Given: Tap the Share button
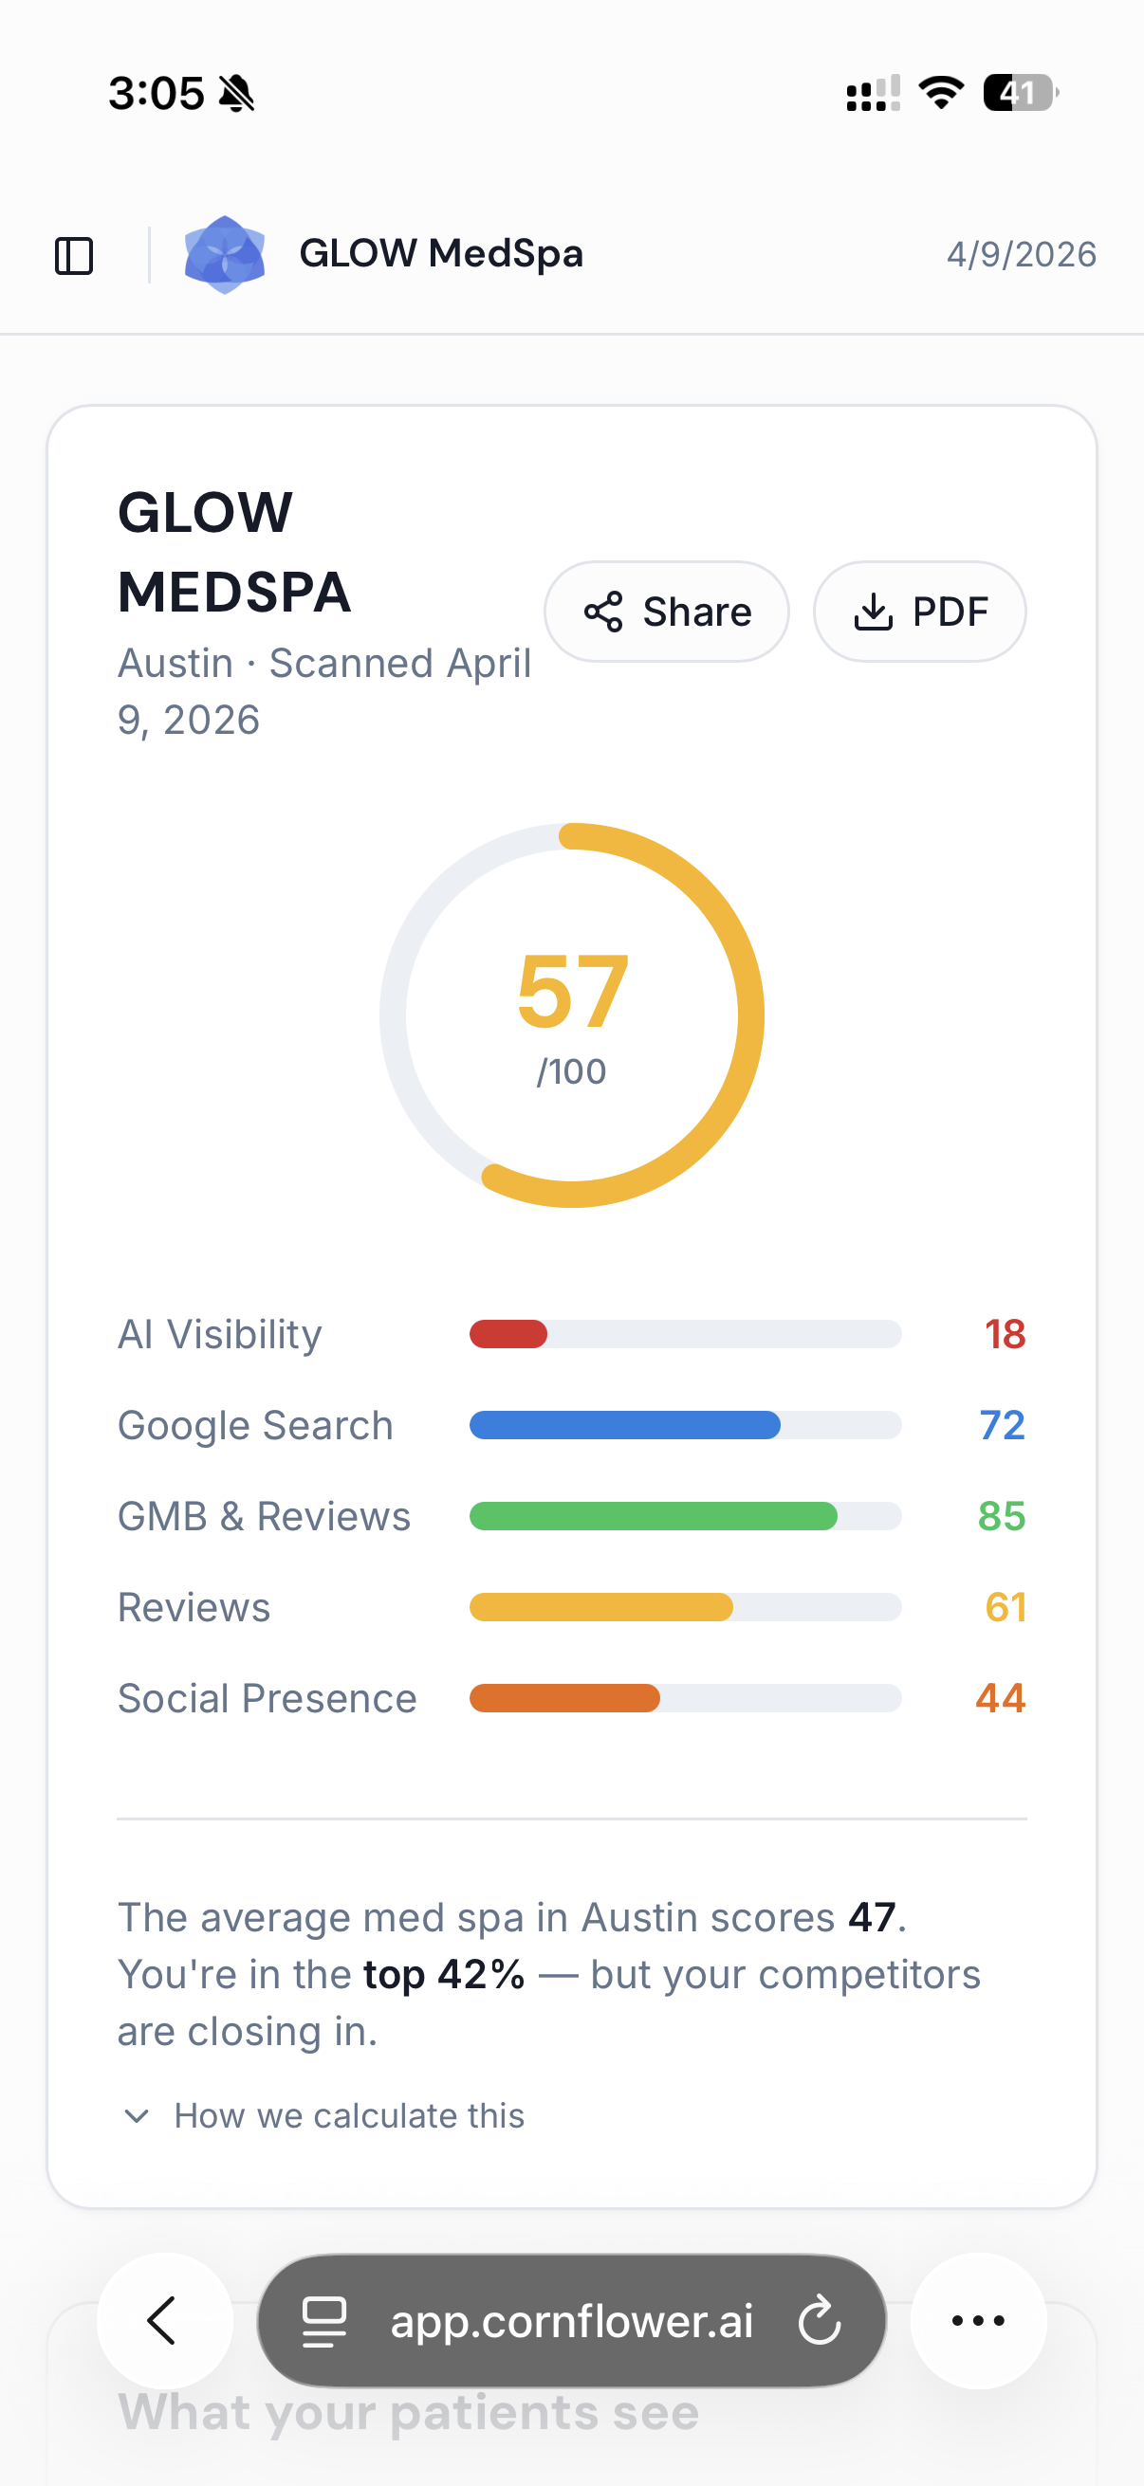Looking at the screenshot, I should click(x=666, y=612).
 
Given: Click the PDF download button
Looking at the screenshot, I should click(x=919, y=612).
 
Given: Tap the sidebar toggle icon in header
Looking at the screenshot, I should click(x=74, y=256).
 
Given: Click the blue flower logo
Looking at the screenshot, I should click(x=225, y=255).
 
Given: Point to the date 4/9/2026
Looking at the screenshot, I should click(x=1021, y=255).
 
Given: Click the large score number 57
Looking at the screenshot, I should click(x=573, y=992).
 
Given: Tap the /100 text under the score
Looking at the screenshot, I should click(x=571, y=1072).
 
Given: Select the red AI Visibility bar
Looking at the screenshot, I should click(x=508, y=1335).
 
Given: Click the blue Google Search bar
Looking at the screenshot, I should click(x=624, y=1425).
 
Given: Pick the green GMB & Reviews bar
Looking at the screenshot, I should click(x=653, y=1516).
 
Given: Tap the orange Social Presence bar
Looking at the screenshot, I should click(x=564, y=1698).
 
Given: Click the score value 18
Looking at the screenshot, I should click(x=1004, y=1335).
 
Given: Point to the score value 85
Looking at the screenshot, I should click(x=1001, y=1516).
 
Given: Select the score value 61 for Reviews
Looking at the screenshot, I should click(x=1005, y=1608).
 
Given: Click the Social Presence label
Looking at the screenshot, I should click(x=268, y=1698).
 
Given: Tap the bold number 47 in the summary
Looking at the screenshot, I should click(x=872, y=1917).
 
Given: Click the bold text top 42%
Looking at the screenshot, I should click(x=444, y=1975).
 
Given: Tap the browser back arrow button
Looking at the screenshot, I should click(x=164, y=2321).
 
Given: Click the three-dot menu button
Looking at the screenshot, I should click(x=978, y=2321).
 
